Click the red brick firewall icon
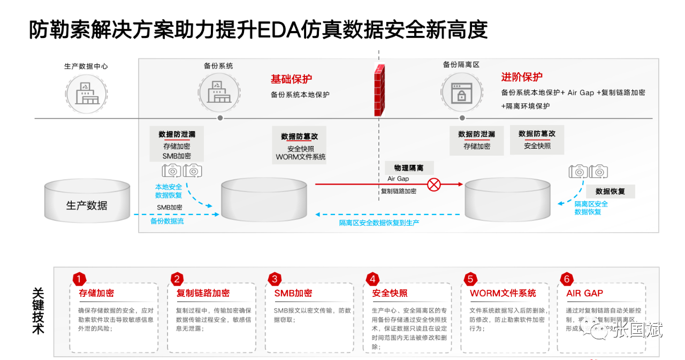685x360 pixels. [380, 90]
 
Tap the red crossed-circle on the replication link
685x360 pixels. [434, 185]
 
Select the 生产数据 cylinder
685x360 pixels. [87, 202]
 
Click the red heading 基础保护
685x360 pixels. [291, 79]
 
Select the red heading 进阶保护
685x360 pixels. [521, 77]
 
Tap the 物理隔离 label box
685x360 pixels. [409, 168]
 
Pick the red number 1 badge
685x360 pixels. [79, 279]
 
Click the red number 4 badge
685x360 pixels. [372, 279]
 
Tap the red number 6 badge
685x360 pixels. [567, 279]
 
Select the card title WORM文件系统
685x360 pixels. [503, 293]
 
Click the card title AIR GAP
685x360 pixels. [584, 293]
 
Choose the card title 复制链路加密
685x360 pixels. [203, 293]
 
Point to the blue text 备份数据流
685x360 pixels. [167, 221]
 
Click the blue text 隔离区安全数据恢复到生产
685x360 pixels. [379, 223]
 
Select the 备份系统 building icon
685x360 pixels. [218, 93]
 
